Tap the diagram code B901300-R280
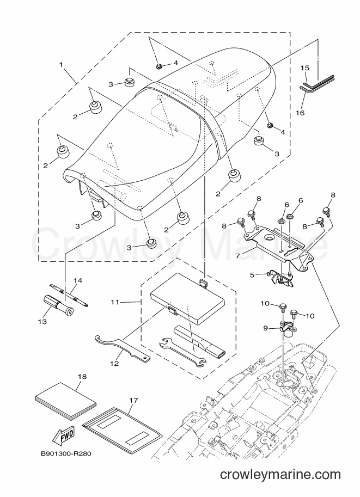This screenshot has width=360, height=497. click(66, 453)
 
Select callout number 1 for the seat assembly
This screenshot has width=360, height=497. click(61, 65)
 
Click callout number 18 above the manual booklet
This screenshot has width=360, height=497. click(82, 377)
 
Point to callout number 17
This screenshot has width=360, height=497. click(133, 400)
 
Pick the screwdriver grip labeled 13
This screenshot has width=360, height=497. click(58, 304)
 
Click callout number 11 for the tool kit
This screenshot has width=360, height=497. click(115, 302)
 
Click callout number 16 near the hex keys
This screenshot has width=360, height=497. click(301, 113)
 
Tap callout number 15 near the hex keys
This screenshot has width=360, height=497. click(304, 68)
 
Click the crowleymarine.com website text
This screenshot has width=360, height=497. click(280, 475)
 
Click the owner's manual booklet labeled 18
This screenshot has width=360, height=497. click(66, 401)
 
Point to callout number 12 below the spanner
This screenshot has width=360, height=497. click(114, 363)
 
